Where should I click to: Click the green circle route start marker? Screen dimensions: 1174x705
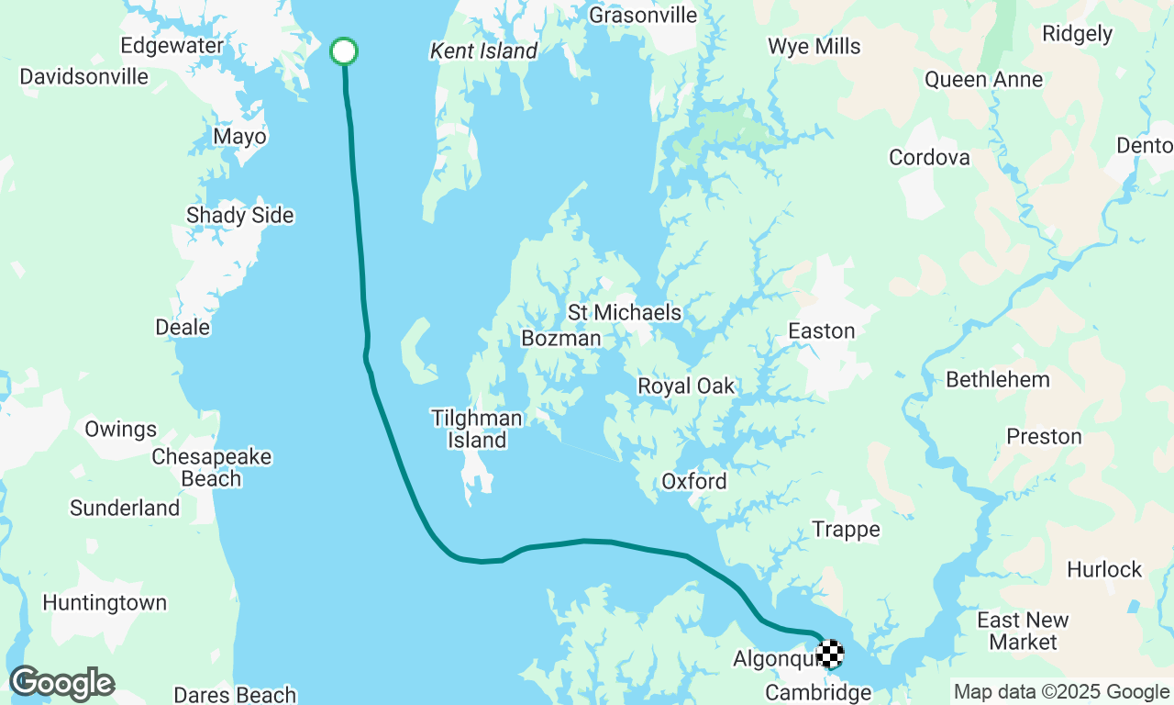344,51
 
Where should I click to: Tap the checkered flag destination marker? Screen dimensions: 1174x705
830,654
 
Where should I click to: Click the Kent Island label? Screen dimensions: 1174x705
483,51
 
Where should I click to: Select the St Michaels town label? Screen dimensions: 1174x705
625,313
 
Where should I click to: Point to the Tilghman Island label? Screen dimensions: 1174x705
477,430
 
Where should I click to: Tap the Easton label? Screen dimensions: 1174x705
822,331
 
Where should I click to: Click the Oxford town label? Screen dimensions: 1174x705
694,482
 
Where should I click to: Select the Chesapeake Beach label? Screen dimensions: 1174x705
211,467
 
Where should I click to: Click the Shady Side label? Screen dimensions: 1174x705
240,216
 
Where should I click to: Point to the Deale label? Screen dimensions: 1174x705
183,328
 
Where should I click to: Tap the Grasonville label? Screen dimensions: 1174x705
643,16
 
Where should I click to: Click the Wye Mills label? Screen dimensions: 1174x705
814,47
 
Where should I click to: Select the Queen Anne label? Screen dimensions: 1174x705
983,80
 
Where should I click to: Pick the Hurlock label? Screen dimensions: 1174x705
1104,570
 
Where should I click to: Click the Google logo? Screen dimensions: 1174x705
61,684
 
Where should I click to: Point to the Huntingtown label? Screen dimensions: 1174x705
105,603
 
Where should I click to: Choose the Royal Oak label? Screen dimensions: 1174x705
686,386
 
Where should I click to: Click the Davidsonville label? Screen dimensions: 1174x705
84,76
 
